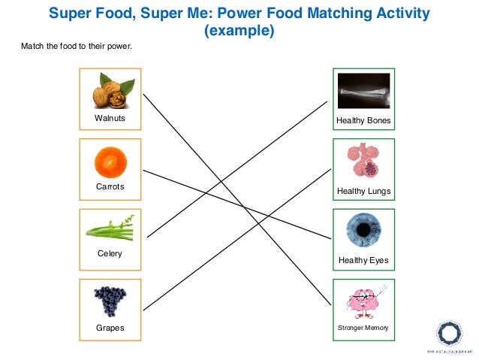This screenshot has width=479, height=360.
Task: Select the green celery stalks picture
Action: coord(110,228)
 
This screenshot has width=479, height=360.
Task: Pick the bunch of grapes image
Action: coord(110,301)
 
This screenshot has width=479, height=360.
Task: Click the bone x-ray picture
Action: coord(363,91)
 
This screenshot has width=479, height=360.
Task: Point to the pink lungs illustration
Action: coord(363,160)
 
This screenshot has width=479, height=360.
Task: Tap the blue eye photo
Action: coord(363,230)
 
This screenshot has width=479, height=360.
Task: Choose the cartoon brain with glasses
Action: coord(364,301)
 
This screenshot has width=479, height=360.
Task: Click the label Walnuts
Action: coord(110,119)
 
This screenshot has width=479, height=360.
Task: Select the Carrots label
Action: coord(110,186)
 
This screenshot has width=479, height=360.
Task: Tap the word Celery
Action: coord(110,254)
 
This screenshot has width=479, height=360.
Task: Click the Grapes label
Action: coord(110,328)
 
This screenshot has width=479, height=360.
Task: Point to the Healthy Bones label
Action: coord(363,120)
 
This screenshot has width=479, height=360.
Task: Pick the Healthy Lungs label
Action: coord(363,191)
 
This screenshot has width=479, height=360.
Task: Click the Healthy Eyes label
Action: coord(363,261)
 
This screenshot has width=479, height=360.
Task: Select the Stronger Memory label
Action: coord(363,328)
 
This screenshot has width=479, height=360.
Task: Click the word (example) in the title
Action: coord(239,32)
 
